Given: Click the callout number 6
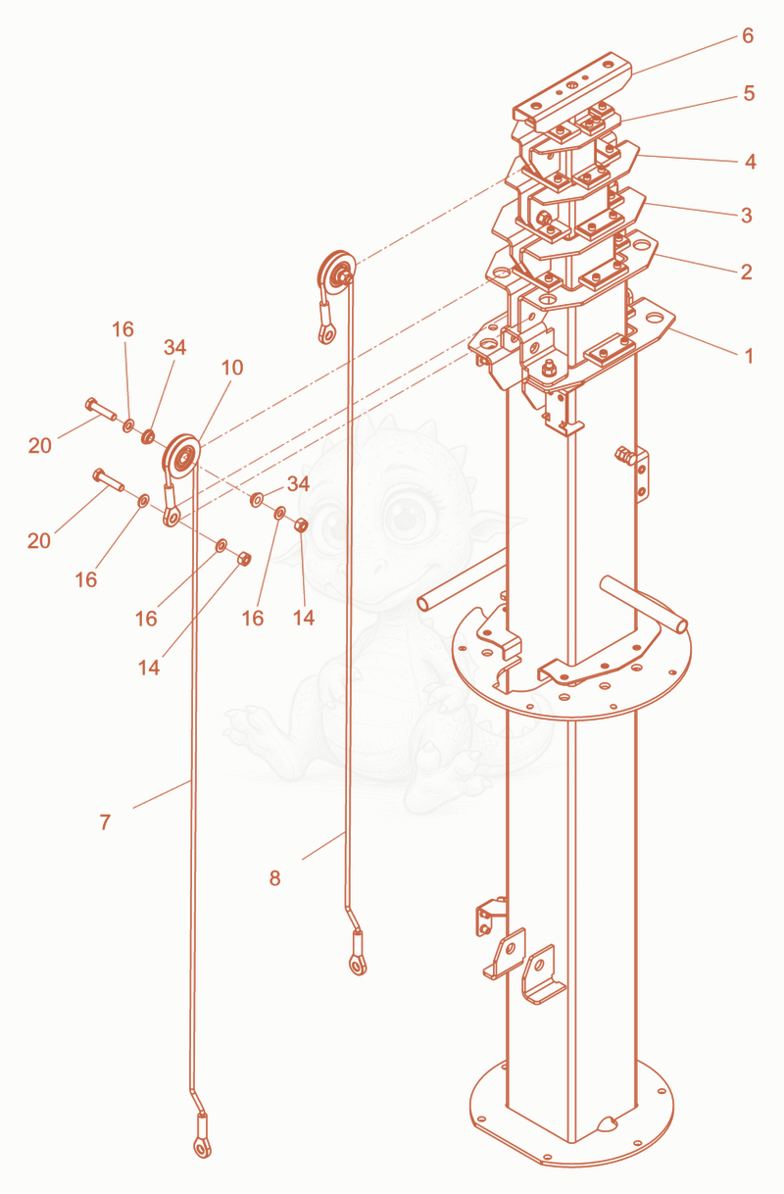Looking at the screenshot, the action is (x=748, y=36).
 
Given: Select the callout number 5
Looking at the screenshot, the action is (x=749, y=94).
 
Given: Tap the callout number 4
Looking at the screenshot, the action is (x=750, y=162).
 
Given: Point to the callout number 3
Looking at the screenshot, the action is (x=747, y=216).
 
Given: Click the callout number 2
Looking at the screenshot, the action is (x=746, y=273).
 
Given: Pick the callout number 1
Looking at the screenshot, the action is (x=749, y=356).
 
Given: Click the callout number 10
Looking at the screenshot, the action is (x=232, y=368).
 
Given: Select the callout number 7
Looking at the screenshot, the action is (x=105, y=822).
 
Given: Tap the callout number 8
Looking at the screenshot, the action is (x=274, y=878).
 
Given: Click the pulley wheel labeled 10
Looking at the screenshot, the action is (x=181, y=457).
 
